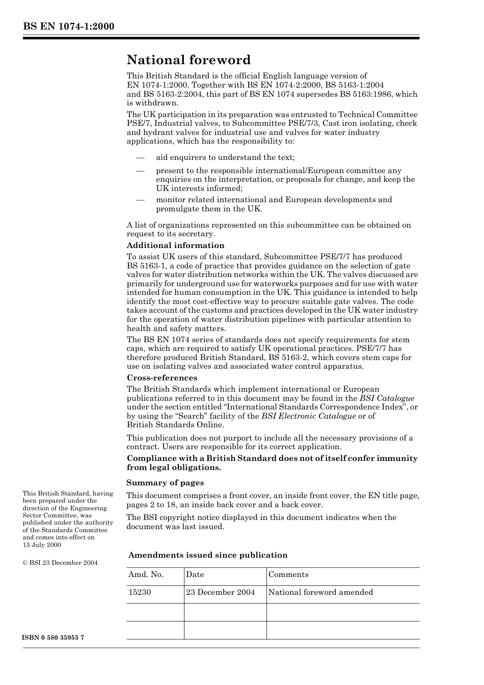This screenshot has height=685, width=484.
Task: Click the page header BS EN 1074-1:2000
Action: tap(68, 26)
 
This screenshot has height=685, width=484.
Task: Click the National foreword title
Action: tap(189, 60)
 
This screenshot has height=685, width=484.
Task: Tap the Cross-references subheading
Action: tap(162, 378)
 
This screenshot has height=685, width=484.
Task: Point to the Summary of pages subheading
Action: tap(165, 483)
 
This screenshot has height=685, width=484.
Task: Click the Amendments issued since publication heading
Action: tap(208, 555)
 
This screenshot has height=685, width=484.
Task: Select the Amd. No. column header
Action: tap(146, 574)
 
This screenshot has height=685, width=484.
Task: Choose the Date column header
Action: tap(195, 574)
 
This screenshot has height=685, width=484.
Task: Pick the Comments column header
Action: tap(288, 574)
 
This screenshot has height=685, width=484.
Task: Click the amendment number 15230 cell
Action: tap(140, 592)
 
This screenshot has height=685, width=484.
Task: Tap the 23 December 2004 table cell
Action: tap(220, 592)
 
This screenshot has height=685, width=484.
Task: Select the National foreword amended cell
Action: tap(320, 592)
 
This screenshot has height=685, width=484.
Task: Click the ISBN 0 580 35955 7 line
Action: tap(53, 638)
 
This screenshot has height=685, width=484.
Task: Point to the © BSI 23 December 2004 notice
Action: tap(60, 563)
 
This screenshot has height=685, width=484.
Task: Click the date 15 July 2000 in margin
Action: tap(42, 545)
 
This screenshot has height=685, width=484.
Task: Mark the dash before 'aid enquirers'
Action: tap(140, 157)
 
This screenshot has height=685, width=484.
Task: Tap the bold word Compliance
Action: tap(152, 458)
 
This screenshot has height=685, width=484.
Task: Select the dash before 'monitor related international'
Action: tap(140, 200)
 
